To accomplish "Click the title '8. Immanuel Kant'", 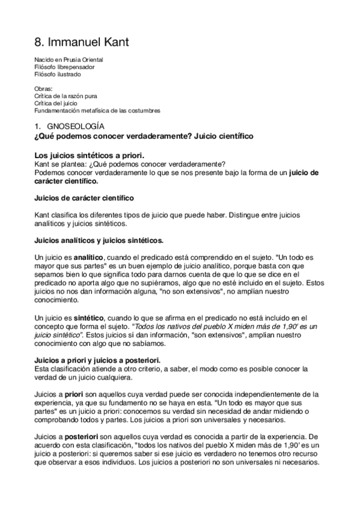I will [81, 43].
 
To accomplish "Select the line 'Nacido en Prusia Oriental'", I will [69, 60].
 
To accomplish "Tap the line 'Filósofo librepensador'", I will [64, 67].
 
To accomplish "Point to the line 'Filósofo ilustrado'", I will [58, 75].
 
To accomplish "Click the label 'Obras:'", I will [44, 88].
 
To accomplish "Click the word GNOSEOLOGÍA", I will [76, 126].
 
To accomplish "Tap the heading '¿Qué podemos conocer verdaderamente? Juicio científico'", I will [144, 137].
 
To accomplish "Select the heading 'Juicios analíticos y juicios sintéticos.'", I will [99, 241].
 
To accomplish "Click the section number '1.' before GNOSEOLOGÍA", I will [37, 126].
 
